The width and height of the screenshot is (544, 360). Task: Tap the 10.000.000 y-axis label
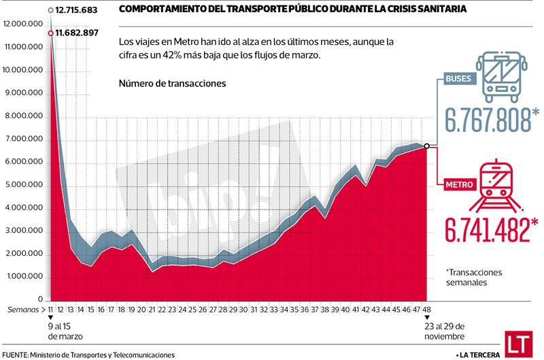click(x=23, y=70)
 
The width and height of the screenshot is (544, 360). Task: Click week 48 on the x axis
click(x=426, y=309)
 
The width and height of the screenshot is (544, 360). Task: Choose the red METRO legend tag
click(x=460, y=184)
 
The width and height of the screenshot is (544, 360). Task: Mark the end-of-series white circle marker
click(x=426, y=146)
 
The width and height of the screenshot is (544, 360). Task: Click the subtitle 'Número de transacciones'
click(x=172, y=83)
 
